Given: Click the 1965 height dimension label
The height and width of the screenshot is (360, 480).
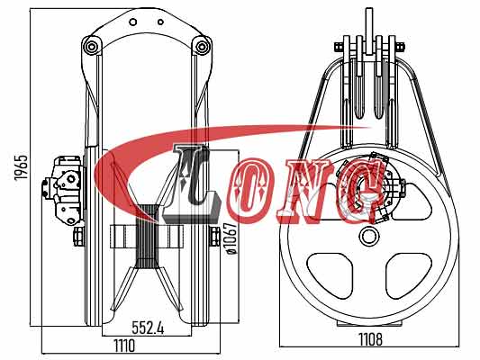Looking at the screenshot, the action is click(22, 167).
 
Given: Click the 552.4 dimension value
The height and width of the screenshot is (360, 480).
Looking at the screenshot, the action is click(148, 328).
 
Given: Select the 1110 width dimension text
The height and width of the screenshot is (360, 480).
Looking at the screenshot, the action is click(124, 346).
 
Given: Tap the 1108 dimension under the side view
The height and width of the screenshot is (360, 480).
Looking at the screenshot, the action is click(370, 339).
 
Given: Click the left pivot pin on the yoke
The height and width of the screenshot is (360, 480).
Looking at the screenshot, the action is click(91, 47).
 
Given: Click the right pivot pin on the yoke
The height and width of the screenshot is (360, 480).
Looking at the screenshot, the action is click(202, 47).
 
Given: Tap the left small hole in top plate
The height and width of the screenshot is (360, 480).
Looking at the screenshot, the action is click(133, 22).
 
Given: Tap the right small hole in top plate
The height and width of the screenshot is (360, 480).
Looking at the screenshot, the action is click(160, 22).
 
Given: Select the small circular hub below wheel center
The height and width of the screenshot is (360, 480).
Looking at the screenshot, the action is click(369, 236).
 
